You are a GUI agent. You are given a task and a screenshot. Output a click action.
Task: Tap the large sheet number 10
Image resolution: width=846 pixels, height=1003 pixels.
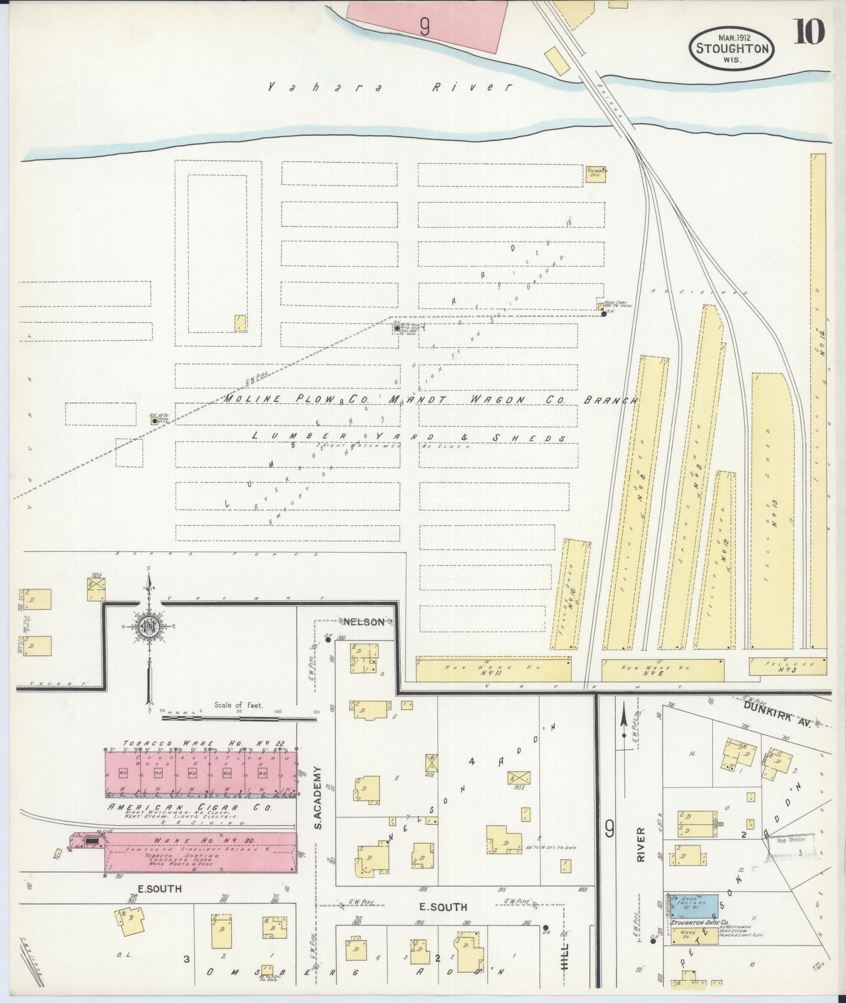pos(810,32)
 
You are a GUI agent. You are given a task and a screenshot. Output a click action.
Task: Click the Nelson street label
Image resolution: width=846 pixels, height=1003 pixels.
pos(364,621)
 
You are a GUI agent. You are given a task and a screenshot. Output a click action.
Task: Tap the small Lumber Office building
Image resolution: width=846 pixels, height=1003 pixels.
pos(595,174)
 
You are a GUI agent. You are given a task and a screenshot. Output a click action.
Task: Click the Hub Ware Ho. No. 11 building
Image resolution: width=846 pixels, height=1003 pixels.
pos(493,669)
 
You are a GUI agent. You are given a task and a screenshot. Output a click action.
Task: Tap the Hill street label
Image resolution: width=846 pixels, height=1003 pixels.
pos(565,959)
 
